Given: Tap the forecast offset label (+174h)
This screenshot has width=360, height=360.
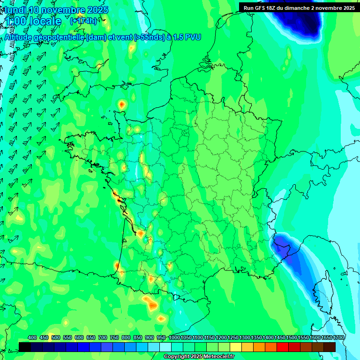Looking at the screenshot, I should (x=83, y=21).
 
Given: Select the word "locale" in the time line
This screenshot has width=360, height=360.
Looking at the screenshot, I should (x=45, y=21).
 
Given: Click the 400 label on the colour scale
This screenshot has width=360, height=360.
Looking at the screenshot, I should (x=32, y=337).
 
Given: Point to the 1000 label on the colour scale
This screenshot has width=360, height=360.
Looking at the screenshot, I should (x=174, y=337).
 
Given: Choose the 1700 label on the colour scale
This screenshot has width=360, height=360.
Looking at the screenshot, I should (x=329, y=337).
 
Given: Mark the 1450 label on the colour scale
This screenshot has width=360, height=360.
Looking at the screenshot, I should (x=281, y=337).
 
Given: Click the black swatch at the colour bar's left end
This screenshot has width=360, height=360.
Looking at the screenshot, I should (x=25, y=347).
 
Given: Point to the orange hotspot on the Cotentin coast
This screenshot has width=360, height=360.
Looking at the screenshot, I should (x=122, y=105).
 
